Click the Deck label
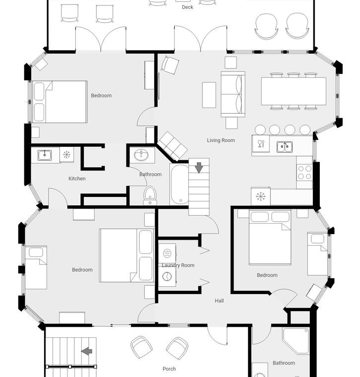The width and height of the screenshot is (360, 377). (187, 7)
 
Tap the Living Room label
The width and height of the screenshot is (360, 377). (221, 140)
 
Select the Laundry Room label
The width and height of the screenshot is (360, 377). (178, 265)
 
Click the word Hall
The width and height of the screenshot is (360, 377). (219, 301)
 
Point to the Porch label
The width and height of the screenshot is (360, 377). (169, 369)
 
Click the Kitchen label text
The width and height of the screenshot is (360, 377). (77, 179)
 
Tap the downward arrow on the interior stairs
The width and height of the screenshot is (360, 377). (199, 168)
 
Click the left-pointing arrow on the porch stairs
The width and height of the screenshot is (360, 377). (86, 351)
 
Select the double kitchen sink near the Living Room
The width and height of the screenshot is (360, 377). (284, 147)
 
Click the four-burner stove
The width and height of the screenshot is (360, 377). (304, 173)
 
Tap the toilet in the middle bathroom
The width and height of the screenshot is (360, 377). (150, 196)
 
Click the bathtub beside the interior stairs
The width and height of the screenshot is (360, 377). (179, 185)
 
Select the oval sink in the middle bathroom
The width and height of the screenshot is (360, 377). (141, 155)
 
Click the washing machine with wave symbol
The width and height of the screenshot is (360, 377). (167, 253)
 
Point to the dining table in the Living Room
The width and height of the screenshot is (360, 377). (294, 91)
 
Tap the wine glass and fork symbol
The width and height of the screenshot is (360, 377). (260, 143)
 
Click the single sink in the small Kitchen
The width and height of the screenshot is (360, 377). (45, 155)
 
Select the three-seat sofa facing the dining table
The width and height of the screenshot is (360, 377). (233, 94)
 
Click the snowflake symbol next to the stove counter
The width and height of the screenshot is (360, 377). (261, 196)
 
